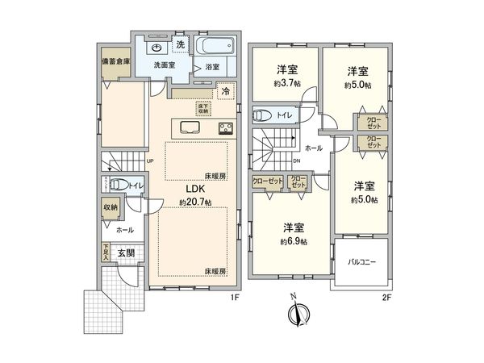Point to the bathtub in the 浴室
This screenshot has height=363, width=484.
[215, 45]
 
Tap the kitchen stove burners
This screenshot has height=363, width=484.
[224, 127]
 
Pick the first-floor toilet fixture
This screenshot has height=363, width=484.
[116, 184]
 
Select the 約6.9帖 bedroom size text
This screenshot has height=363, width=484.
[292, 241]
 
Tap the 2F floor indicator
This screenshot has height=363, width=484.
[386, 298]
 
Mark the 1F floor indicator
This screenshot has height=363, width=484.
[236, 298]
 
